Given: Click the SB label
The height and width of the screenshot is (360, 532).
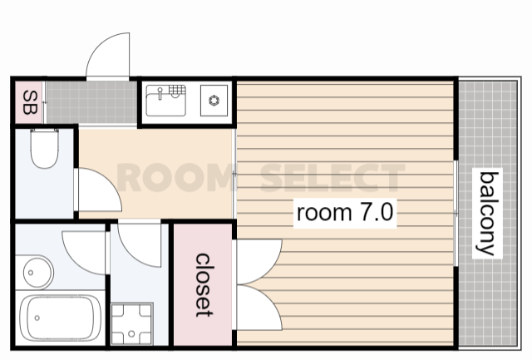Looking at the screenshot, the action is pyautogui.click(x=30, y=102).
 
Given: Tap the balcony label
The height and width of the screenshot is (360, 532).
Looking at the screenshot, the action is pyautogui.click(x=488, y=214).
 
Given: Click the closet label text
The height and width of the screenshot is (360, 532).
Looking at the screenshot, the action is pyautogui.click(x=204, y=285).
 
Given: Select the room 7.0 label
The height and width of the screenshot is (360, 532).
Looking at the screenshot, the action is pyautogui.click(x=345, y=213).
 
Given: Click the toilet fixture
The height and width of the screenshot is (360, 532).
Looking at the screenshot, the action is pyautogui.click(x=44, y=149).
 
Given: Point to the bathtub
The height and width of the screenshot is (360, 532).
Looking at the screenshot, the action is pyautogui.click(x=61, y=318).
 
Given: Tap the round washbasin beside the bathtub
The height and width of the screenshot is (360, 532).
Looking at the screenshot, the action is pyautogui.click(x=38, y=273).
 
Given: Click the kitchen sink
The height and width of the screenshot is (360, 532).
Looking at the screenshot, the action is pyautogui.click(x=166, y=101).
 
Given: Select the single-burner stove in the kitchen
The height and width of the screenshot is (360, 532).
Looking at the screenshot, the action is pyautogui.click(x=214, y=101).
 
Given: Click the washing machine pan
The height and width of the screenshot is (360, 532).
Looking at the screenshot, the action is pyautogui.click(x=132, y=324).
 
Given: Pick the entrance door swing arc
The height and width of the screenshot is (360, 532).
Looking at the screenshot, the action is pyautogui.click(x=108, y=55).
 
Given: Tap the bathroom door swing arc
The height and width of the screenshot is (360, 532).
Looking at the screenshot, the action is pyautogui.click(x=84, y=253).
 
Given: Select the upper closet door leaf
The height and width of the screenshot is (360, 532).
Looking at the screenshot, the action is pyautogui.click(x=259, y=261).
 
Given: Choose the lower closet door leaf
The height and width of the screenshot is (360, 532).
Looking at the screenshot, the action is pyautogui.click(x=259, y=308).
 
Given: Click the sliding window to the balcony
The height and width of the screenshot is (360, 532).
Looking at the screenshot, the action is pyautogui.click(x=456, y=213).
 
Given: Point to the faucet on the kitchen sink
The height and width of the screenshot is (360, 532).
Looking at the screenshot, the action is pyautogui.click(x=160, y=93).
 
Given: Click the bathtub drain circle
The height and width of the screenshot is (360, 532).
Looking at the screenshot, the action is pyautogui.click(x=37, y=318).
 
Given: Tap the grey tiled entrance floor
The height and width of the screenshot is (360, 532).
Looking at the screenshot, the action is pyautogui.click(x=91, y=102).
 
